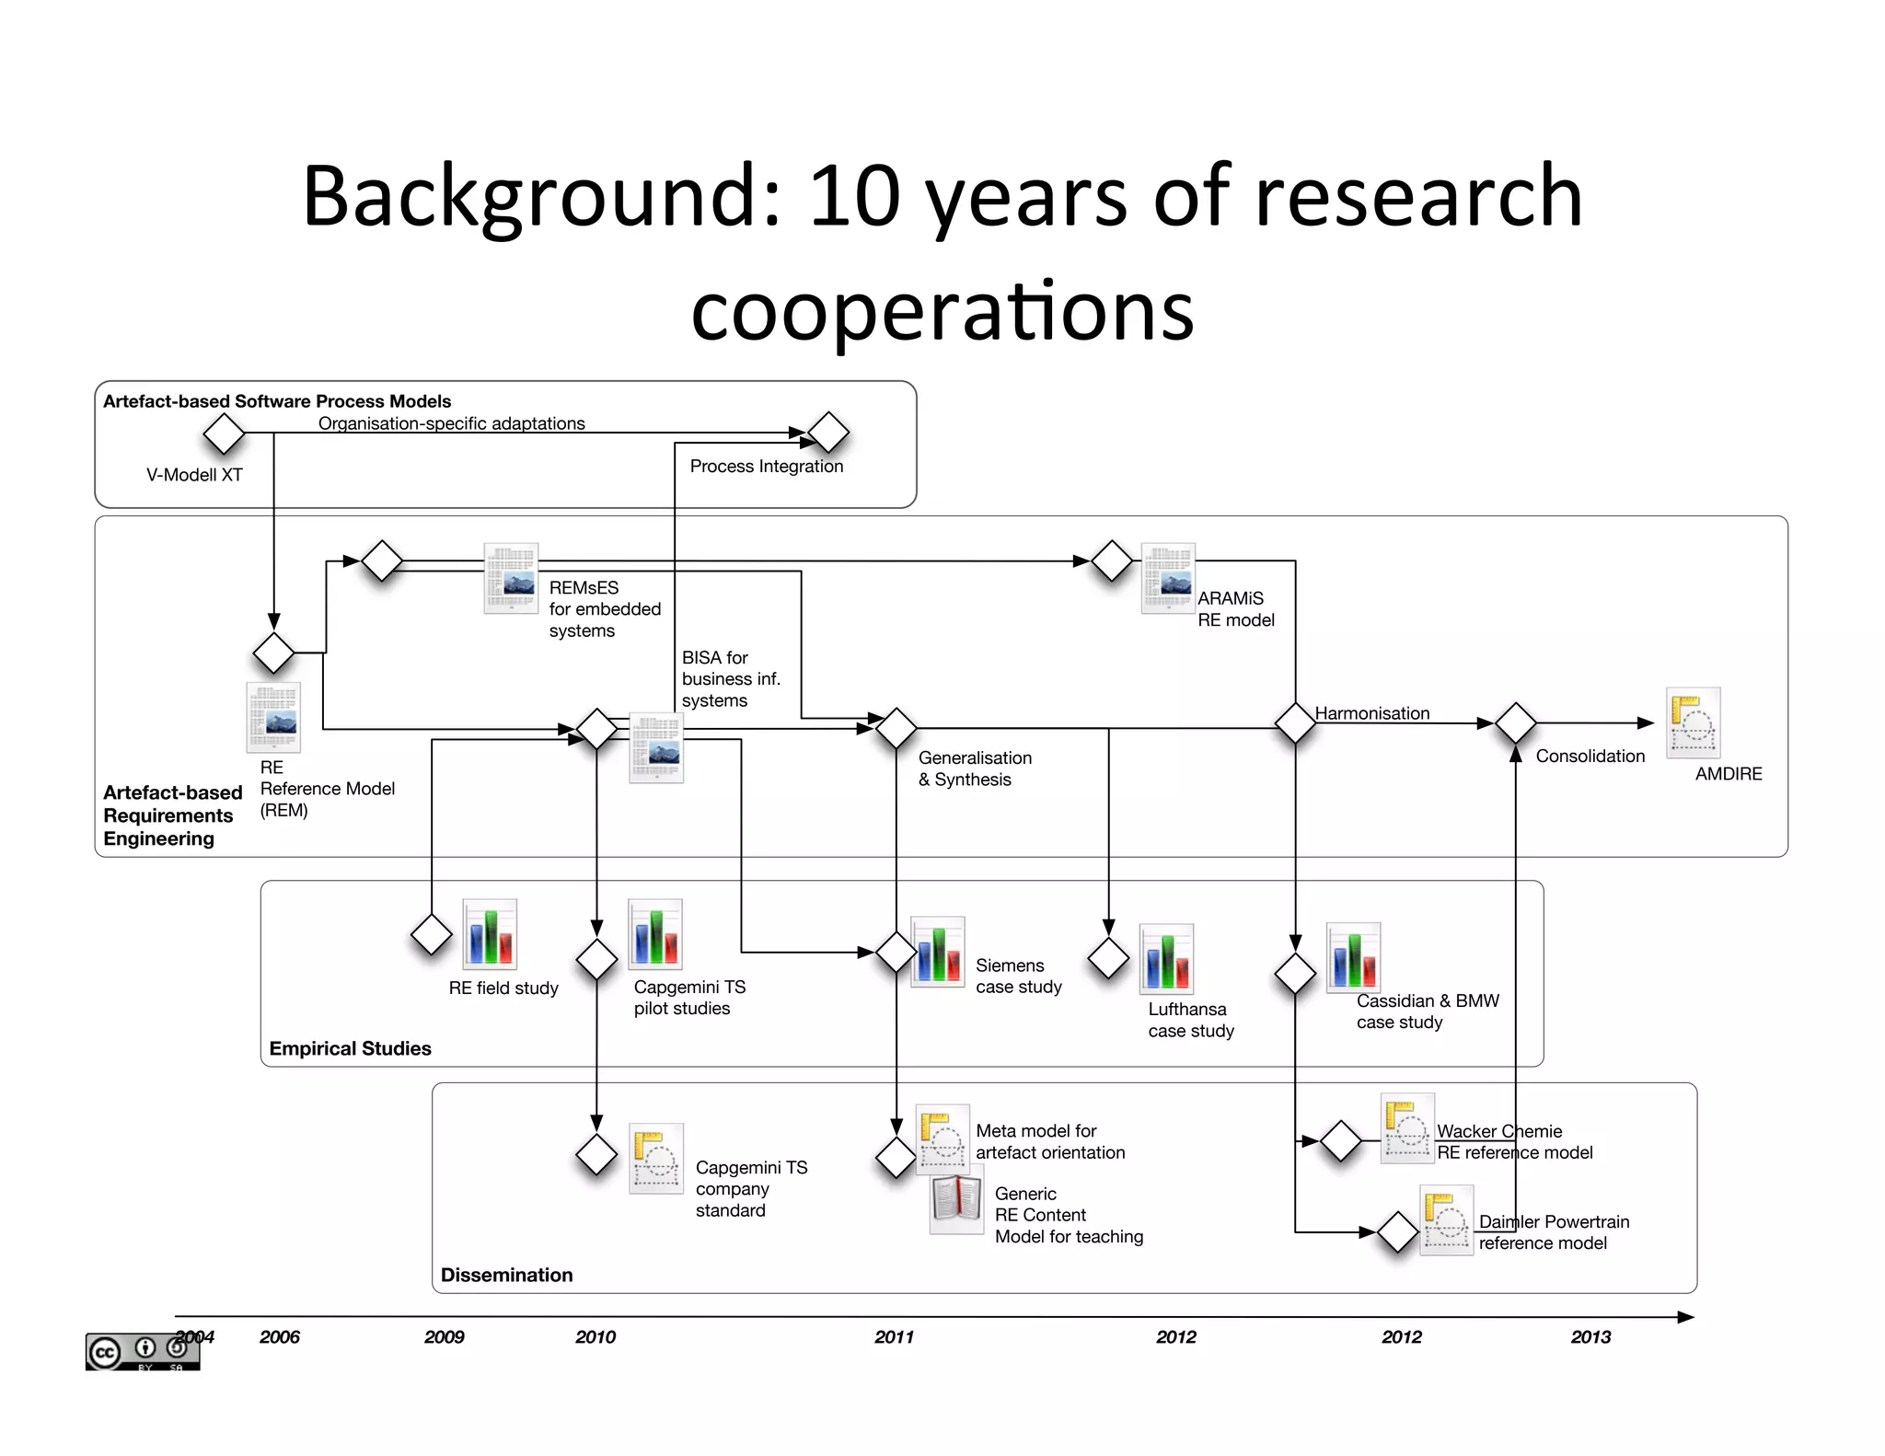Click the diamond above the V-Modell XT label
(224, 433)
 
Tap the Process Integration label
(766, 467)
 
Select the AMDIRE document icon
(1693, 723)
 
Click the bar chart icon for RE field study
(490, 934)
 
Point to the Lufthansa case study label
(1191, 1021)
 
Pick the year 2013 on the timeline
(1590, 1337)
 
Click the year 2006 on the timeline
(280, 1337)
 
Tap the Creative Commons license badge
(142, 1351)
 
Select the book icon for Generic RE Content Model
(956, 1204)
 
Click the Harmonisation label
(1371, 713)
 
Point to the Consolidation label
(1590, 757)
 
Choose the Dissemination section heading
(506, 1275)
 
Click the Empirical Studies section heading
(350, 1048)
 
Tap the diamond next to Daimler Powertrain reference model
(1397, 1232)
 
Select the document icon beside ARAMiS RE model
(1168, 578)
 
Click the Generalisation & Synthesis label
(975, 768)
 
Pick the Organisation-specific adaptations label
(451, 423)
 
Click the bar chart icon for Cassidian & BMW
(1353, 957)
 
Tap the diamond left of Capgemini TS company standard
(596, 1155)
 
